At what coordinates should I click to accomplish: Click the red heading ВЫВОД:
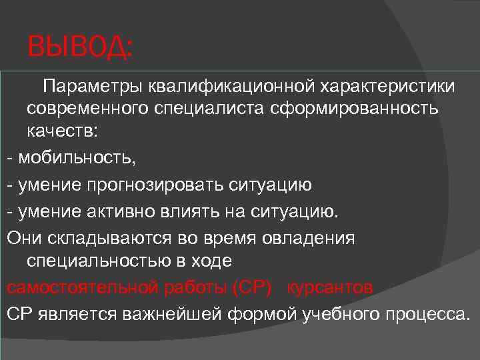(x=81, y=49)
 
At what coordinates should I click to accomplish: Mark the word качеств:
(x=62, y=132)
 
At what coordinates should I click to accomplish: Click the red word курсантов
(x=329, y=287)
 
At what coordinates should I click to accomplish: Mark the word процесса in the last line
(x=426, y=314)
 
